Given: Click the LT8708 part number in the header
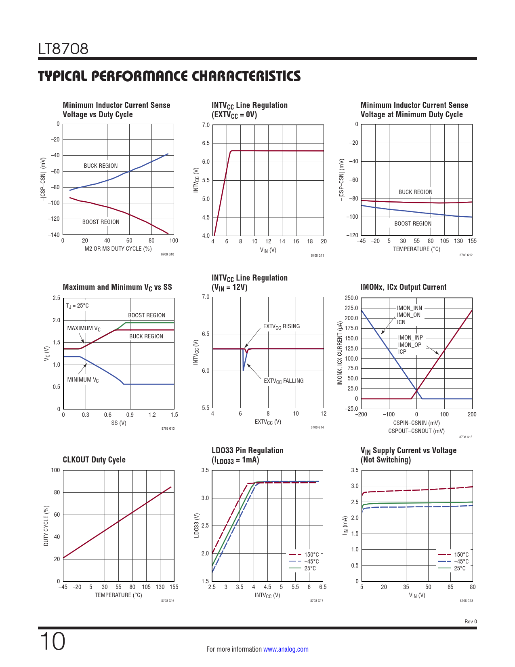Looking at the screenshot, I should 63,49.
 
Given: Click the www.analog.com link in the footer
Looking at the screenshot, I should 286,649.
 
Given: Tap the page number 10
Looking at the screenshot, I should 52,642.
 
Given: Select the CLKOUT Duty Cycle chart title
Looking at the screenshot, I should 94,460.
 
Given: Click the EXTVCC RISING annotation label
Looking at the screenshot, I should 282,327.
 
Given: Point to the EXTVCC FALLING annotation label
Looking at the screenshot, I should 284,381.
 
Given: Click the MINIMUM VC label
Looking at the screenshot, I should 83,380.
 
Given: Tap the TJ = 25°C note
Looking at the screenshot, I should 77,306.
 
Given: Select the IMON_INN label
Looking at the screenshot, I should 409,308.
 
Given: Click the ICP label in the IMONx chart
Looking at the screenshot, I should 402,352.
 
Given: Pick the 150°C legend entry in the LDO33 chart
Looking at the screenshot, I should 311,555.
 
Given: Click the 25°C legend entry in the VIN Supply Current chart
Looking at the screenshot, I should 460,568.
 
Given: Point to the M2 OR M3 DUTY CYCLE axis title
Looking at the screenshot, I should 118,249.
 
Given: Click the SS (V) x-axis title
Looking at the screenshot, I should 119,423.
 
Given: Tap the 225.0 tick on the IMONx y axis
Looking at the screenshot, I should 351,308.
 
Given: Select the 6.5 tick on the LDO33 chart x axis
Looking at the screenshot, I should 323,587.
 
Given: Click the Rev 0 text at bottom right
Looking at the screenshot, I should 471,622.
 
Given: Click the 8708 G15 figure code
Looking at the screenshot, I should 466,437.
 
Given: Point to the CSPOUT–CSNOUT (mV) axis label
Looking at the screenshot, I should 416,431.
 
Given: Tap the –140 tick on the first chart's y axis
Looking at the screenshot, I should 54,235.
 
